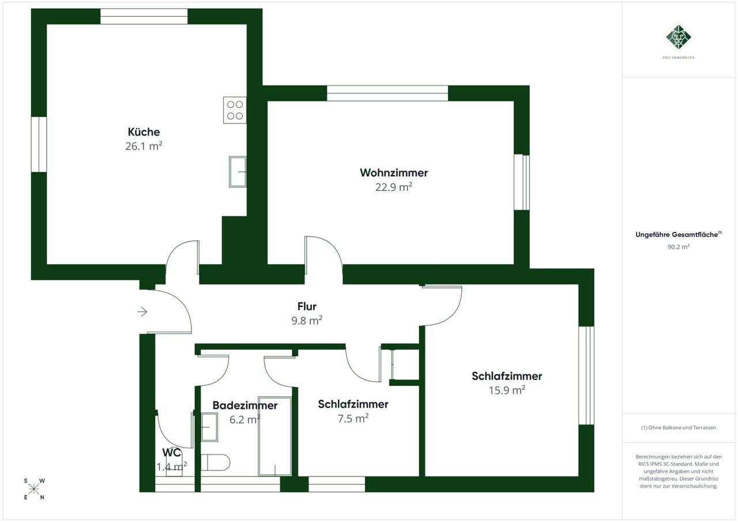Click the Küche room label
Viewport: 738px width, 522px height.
click(x=144, y=132)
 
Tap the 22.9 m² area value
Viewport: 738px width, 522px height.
click(x=394, y=187)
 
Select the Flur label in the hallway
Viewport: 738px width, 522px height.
click(x=307, y=306)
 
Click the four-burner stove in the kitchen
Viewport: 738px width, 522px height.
click(x=235, y=110)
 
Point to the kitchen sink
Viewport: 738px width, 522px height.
click(x=238, y=172)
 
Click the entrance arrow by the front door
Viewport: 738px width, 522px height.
click(x=142, y=311)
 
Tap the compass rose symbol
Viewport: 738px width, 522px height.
click(x=33, y=489)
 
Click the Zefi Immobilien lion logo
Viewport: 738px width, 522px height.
click(x=679, y=37)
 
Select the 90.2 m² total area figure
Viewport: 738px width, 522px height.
click(x=679, y=246)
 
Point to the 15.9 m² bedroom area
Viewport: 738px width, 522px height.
click(x=507, y=390)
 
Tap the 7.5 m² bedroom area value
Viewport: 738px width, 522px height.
click(x=353, y=418)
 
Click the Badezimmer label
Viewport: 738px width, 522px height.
click(x=245, y=405)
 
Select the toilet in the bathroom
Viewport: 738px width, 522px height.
click(x=215, y=463)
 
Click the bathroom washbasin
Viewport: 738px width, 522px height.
click(x=209, y=427)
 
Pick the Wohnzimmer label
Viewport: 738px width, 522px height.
click(x=394, y=172)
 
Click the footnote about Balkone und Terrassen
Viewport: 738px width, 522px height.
click(x=679, y=427)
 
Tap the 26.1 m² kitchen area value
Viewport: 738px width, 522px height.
click(x=144, y=146)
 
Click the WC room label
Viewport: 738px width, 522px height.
click(x=171, y=452)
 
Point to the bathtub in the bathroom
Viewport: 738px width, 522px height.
click(x=275, y=436)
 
